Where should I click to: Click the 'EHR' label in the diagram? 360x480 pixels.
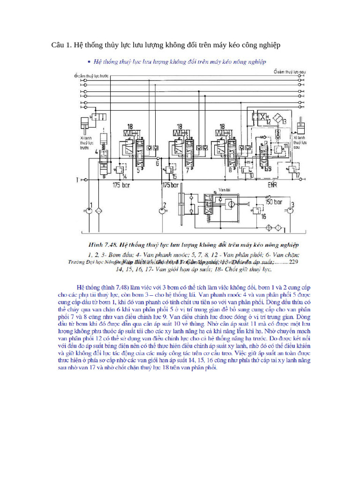tap(273, 185)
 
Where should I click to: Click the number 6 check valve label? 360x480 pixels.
tap(157, 164)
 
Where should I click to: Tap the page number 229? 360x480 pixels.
tap(294, 262)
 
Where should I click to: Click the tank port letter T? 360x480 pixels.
tap(76, 180)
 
